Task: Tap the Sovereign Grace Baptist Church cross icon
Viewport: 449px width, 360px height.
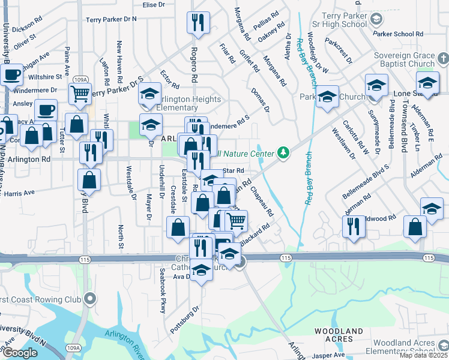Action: click(443, 59)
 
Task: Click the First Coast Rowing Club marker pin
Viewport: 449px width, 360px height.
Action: click(90, 298)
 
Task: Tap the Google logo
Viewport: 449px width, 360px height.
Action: click(20, 353)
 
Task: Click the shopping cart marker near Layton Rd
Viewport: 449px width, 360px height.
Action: click(79, 94)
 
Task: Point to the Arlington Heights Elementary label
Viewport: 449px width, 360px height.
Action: click(185, 103)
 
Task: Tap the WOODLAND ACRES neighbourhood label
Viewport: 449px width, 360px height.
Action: click(340, 335)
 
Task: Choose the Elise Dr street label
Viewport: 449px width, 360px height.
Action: click(154, 5)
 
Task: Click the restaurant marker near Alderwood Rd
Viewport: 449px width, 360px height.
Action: click(353, 226)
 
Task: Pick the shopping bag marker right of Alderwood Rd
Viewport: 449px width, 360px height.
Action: click(415, 227)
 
